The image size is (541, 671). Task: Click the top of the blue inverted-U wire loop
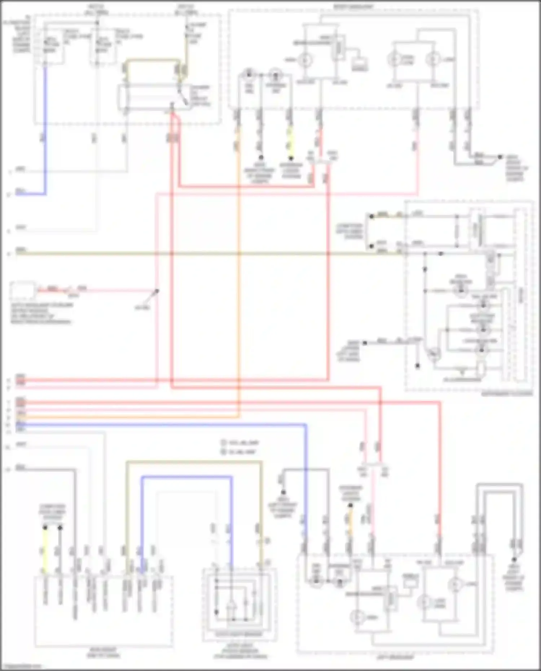coord(186,477)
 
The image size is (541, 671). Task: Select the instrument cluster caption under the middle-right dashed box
coord(507,394)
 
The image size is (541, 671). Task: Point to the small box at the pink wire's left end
coord(22,290)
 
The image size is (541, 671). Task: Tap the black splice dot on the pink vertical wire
coord(157,291)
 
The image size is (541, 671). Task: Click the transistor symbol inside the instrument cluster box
coord(434,353)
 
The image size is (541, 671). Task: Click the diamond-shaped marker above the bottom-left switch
coord(60,528)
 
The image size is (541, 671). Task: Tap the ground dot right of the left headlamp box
coord(514,559)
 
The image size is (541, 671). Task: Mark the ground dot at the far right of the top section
coord(500,157)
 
